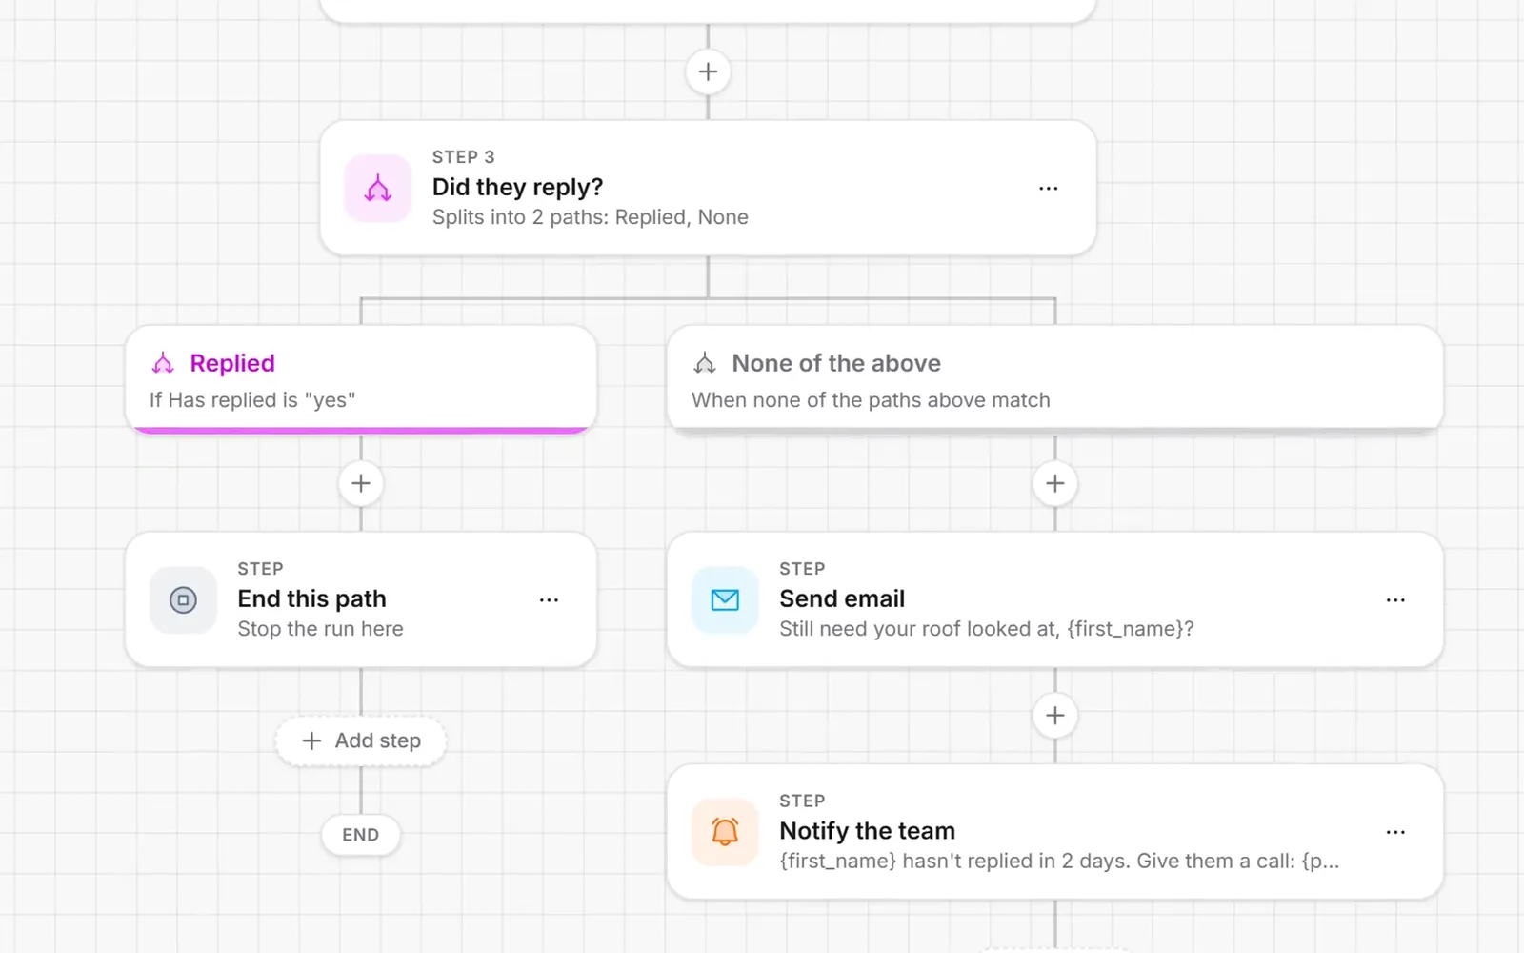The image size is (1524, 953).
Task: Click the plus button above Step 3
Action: point(708,71)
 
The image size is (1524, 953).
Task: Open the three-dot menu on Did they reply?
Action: point(1048,189)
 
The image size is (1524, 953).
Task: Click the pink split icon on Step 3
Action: point(377,189)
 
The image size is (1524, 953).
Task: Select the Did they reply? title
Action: point(517,187)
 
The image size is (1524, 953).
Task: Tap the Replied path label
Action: point(232,363)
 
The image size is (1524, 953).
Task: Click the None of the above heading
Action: point(836,363)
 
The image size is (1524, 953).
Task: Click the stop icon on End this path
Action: point(183,600)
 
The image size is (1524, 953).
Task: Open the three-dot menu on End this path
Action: point(549,600)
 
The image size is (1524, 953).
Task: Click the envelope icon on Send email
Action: point(725,600)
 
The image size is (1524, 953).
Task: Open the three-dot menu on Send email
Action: point(1394,600)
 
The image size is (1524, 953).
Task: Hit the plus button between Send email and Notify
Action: point(1054,716)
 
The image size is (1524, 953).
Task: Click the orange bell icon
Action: point(725,832)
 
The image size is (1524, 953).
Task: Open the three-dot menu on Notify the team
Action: point(1394,832)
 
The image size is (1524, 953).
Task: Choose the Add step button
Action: point(361,740)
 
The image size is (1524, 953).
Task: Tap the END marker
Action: point(361,835)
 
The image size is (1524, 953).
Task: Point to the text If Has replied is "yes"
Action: point(252,400)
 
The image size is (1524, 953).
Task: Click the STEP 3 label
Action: point(463,157)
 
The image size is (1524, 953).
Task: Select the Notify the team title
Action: point(867,831)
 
